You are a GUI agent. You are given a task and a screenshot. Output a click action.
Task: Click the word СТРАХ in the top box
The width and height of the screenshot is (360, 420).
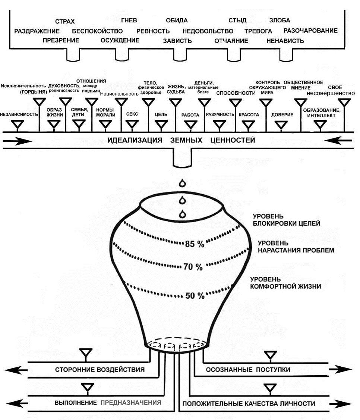click(x=64, y=21)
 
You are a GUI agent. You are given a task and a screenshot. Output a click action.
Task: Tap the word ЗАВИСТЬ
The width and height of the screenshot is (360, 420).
click(x=177, y=41)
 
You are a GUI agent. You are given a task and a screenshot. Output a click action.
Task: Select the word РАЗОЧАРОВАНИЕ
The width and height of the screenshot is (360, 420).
click(x=310, y=31)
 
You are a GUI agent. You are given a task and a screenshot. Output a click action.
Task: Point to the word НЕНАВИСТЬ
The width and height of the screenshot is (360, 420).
click(x=285, y=41)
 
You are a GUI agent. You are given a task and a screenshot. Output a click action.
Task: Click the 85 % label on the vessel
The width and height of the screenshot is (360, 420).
click(x=195, y=245)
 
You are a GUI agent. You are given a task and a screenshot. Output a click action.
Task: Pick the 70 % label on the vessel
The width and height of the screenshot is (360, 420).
click(x=193, y=267)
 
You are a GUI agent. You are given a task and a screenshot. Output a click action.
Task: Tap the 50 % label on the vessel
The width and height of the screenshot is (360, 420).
click(x=195, y=296)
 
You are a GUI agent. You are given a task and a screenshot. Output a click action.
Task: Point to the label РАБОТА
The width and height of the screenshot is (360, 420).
click(x=190, y=115)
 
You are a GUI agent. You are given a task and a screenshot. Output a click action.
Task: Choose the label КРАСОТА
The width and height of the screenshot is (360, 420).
click(x=249, y=115)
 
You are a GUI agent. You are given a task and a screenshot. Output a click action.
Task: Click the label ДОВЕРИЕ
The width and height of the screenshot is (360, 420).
click(x=282, y=115)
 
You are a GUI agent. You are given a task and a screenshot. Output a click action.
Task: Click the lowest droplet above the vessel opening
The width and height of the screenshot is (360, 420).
click(x=183, y=214)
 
